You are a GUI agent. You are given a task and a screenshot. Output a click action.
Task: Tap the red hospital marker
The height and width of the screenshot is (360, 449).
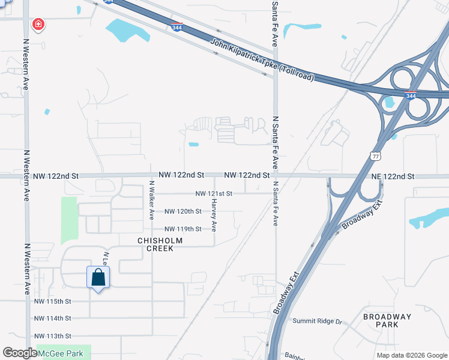pyautogui.click(x=38, y=25)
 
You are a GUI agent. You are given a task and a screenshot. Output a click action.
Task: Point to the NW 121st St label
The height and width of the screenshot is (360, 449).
pyautogui.click(x=214, y=194)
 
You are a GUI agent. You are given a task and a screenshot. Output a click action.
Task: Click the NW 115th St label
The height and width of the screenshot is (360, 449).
pyautogui.click(x=53, y=301)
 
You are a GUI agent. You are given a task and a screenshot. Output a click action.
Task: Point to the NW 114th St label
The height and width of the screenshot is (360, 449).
pyautogui.click(x=53, y=319)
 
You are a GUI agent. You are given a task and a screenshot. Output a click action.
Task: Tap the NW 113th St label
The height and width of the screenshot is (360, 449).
pyautogui.click(x=53, y=336)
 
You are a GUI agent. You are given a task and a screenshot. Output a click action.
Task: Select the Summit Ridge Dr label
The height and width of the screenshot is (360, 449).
pyautogui.click(x=317, y=321)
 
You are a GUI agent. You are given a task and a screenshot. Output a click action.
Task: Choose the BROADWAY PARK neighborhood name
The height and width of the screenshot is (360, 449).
pyautogui.click(x=387, y=320)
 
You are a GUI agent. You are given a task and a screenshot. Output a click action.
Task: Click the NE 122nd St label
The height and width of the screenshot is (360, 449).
pyautogui.click(x=393, y=176)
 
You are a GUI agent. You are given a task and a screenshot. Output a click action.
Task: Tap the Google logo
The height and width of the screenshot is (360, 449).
pyautogui.click(x=20, y=353)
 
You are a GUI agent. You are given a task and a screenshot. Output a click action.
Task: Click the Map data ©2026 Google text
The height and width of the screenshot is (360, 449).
pyautogui.click(x=412, y=355)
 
